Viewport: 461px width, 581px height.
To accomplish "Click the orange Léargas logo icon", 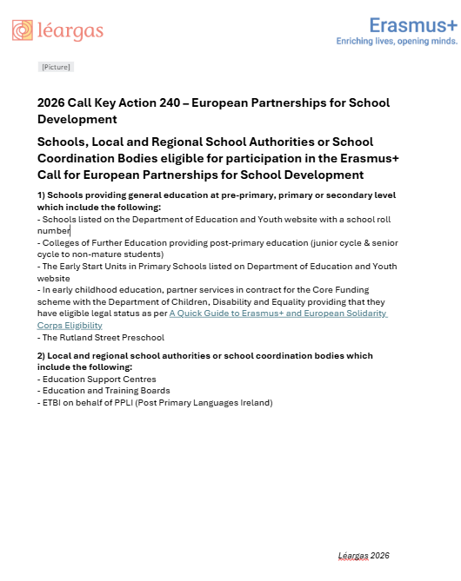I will point(23,31).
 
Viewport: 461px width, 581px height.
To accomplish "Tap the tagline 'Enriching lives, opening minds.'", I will point(397,41).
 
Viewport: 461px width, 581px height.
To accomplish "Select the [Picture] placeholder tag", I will point(57,67).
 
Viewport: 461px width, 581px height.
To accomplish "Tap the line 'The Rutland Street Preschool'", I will point(104,337).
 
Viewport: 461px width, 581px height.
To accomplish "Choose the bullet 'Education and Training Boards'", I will point(107,391).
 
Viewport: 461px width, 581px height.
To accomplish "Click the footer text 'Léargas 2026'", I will point(364,555).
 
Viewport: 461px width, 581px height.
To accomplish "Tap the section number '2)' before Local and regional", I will point(42,356).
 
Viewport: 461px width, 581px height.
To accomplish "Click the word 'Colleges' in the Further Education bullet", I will point(61,243).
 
